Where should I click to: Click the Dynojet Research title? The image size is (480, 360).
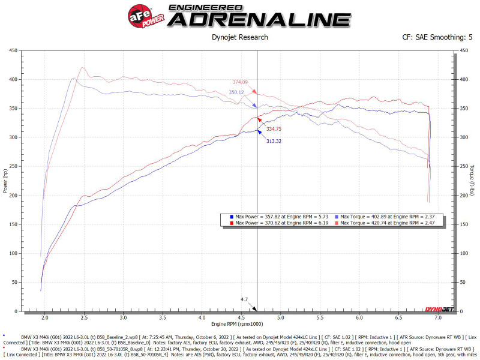[240, 37]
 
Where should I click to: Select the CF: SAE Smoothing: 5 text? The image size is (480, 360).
[437, 37]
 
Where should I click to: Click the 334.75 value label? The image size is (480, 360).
[270, 129]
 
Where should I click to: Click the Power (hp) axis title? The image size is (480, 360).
[5, 181]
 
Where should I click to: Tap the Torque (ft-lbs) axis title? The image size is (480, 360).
[473, 181]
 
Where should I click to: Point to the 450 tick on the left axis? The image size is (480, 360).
[13, 50]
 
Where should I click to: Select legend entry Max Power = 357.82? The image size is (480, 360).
[278, 216]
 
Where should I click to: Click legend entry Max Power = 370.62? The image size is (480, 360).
[278, 223]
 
